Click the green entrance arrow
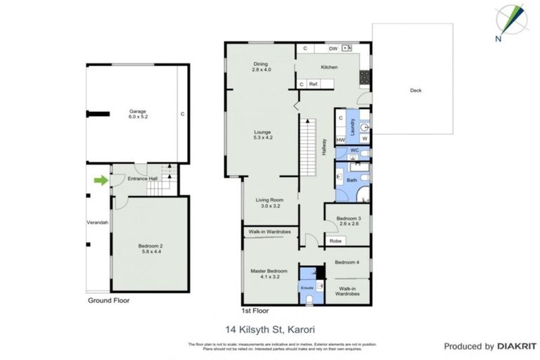coord(102,181)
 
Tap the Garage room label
coord(136,114)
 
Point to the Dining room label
coord(262,67)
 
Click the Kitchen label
coord(329,67)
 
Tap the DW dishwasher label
coord(333,49)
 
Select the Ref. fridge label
coord(314,84)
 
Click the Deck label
coord(416,90)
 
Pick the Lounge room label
coord(262,135)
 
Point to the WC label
coord(354,150)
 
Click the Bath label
coord(352,181)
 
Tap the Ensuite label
coord(307,288)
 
